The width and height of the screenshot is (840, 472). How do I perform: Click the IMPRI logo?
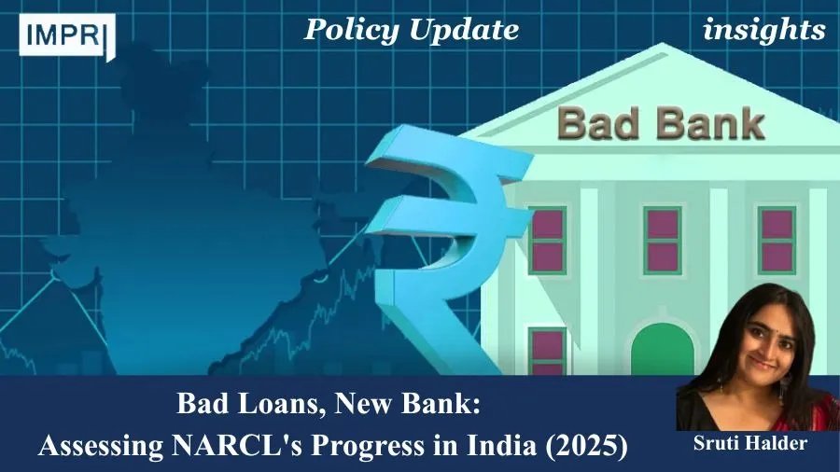(67, 35)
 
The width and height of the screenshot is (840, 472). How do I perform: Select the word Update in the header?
(464, 31)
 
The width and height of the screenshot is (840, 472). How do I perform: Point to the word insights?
(763, 31)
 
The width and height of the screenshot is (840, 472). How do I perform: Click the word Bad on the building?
(598, 124)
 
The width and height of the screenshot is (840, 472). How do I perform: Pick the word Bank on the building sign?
(710, 124)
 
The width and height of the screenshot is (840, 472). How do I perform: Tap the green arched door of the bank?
(662, 350)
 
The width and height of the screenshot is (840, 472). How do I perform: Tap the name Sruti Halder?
(750, 442)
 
